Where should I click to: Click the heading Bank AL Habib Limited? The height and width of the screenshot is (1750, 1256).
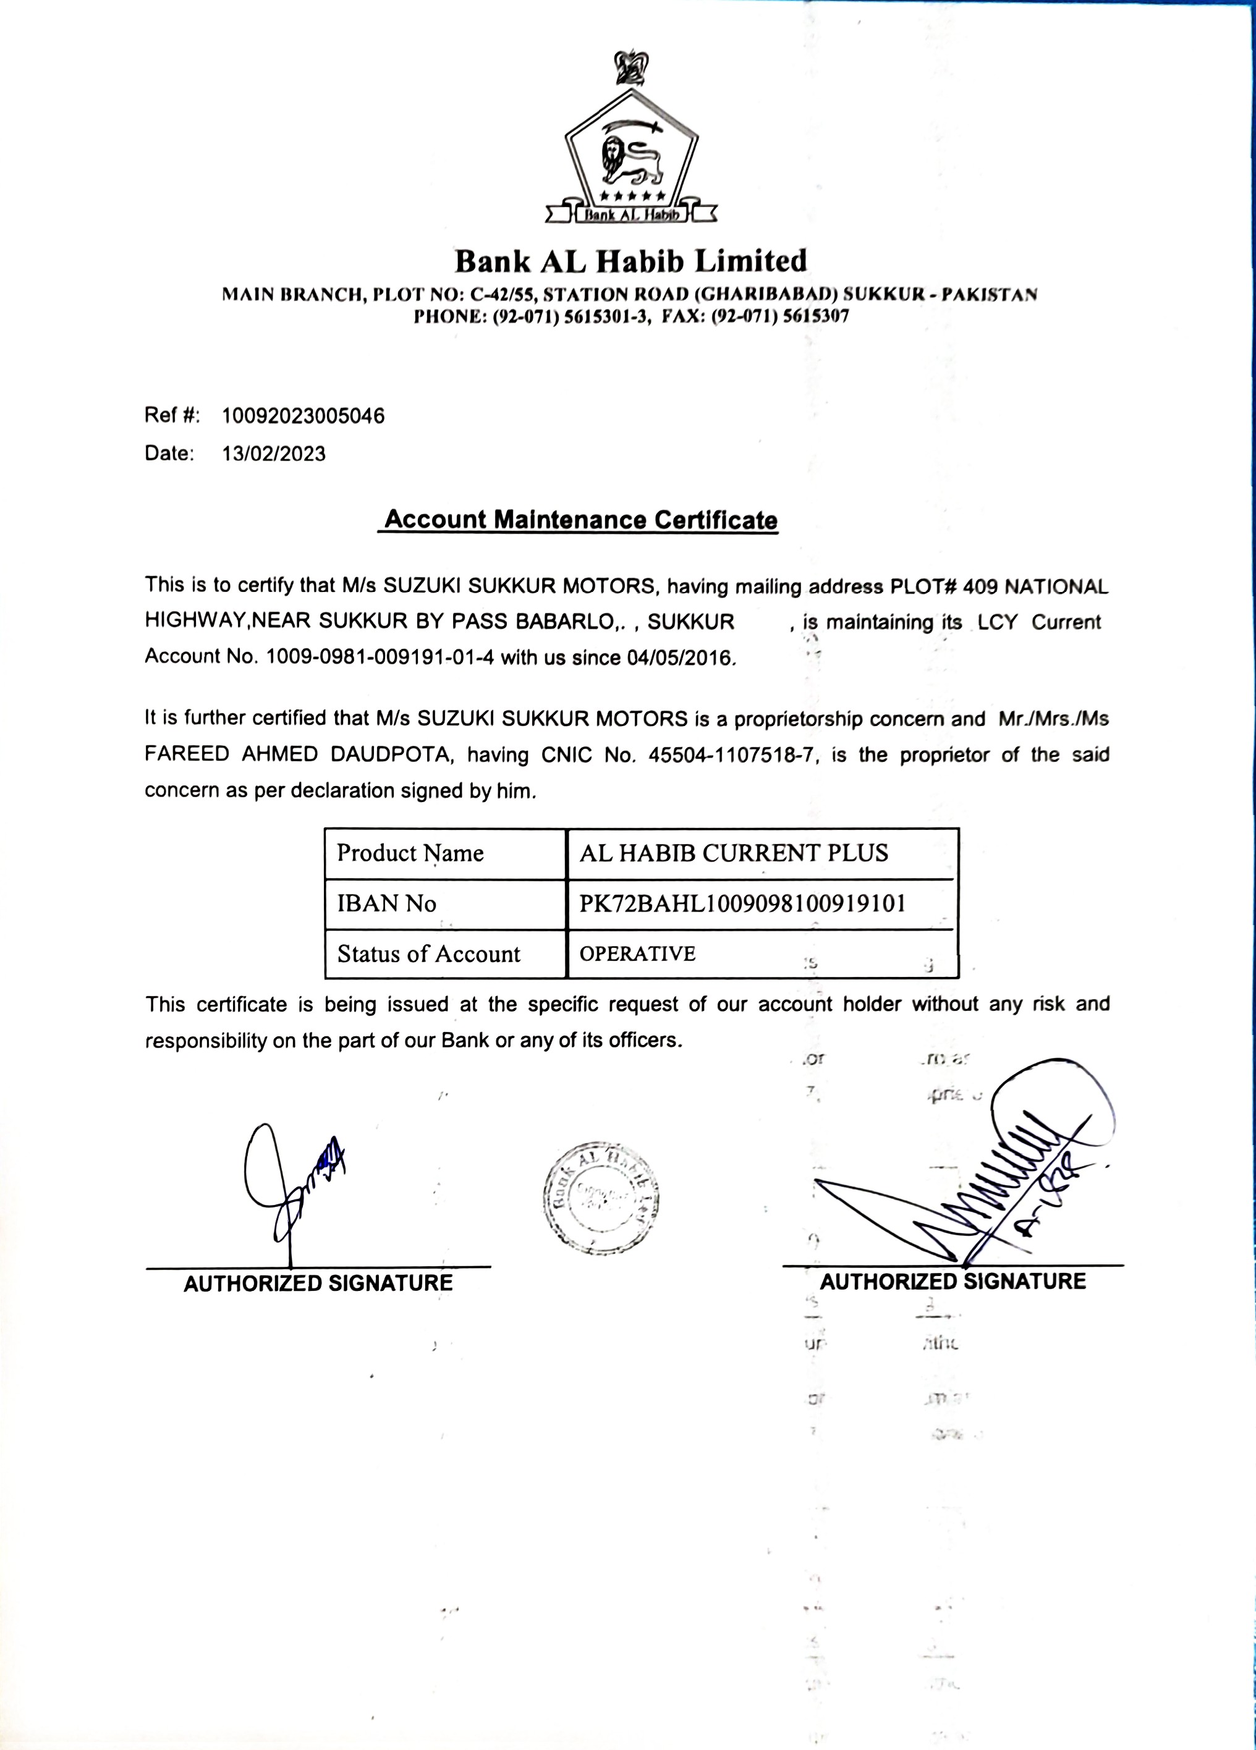[x=630, y=261]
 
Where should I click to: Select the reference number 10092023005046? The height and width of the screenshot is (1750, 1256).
[x=303, y=416]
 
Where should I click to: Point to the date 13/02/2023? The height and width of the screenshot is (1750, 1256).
[x=274, y=454]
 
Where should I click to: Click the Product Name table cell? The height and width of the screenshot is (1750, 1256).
[x=410, y=853]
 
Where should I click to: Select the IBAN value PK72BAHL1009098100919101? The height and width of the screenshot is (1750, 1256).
[x=742, y=903]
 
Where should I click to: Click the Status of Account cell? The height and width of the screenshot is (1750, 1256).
[x=428, y=955]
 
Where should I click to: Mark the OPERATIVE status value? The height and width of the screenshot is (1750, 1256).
[x=638, y=955]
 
